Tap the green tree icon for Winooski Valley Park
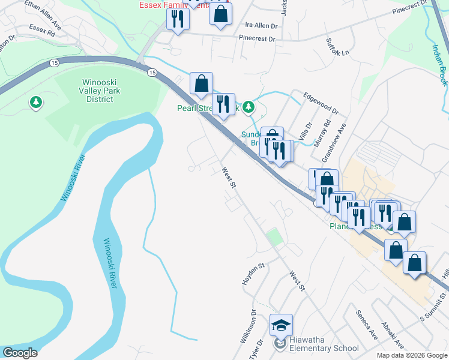(36, 103)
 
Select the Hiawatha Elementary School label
(324, 348)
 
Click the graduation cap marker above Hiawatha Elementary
(281, 325)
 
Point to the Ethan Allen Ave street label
(43, 14)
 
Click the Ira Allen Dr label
(261, 26)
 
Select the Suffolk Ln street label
(337, 47)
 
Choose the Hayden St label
(253, 273)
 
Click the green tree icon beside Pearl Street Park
(249, 108)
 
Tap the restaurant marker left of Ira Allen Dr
(178, 19)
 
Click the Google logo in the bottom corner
(20, 353)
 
